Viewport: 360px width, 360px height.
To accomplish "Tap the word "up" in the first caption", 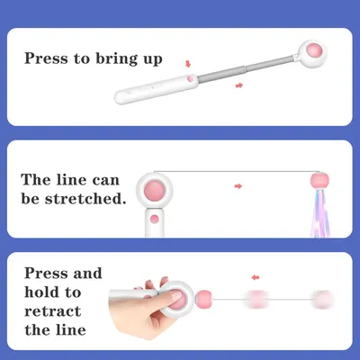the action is click(x=152, y=59).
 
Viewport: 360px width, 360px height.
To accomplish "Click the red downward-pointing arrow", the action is click(x=188, y=64).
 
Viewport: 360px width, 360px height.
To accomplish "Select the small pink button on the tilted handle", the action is click(x=190, y=79).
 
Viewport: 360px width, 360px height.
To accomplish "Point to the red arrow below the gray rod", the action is click(x=239, y=85).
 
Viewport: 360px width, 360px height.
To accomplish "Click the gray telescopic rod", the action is click(x=245, y=68).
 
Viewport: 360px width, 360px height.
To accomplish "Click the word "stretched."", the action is click(x=85, y=198).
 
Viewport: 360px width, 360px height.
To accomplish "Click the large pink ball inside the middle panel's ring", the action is click(x=154, y=190).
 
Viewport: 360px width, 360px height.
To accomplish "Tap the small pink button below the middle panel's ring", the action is click(x=155, y=219).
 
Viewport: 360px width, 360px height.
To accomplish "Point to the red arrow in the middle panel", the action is click(x=238, y=186).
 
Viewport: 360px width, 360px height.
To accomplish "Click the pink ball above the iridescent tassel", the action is click(x=319, y=180).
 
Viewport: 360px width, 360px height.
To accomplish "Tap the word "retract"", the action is click(x=53, y=311).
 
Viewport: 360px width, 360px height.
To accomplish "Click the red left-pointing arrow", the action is click(x=256, y=277).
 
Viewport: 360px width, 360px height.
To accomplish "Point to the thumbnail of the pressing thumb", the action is click(x=175, y=296).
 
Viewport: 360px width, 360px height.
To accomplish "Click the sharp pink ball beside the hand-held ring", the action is click(x=203, y=299).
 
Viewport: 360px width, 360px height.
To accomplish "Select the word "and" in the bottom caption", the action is click(x=87, y=274).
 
